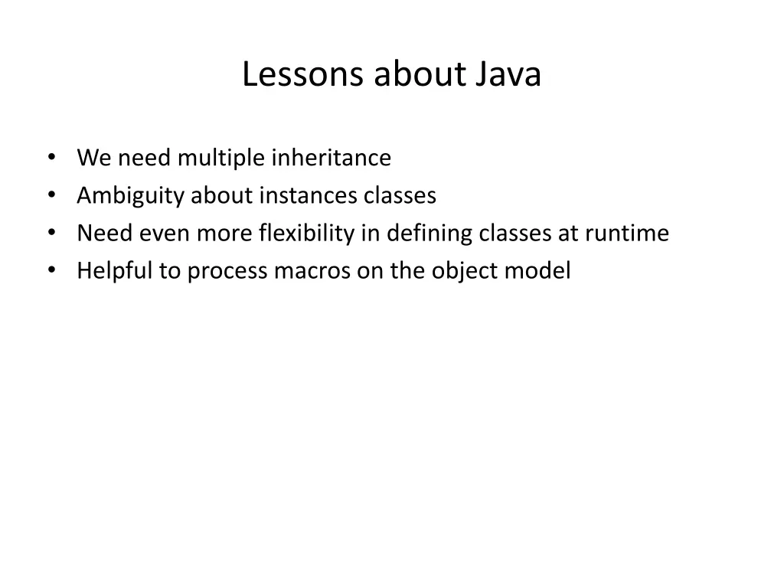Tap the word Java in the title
[510, 75]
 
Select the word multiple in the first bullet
[223, 158]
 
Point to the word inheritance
[332, 158]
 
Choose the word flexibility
[307, 234]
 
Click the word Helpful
[114, 271]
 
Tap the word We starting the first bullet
[92, 158]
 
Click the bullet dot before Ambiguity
[51, 196]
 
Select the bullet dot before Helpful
[51, 271]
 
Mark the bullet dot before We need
[51, 158]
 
